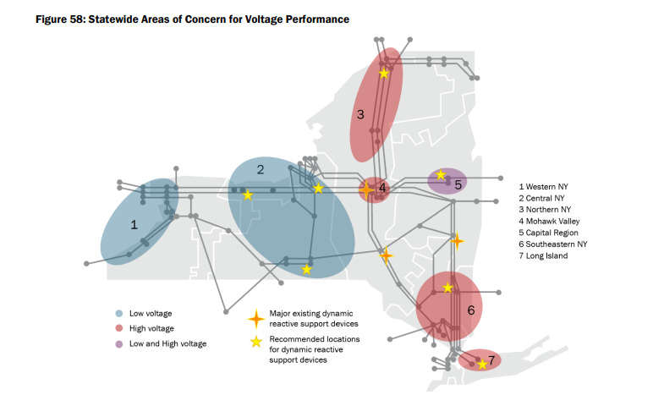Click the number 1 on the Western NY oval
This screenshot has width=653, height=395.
point(134,225)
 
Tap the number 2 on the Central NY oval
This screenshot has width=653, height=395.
point(261,170)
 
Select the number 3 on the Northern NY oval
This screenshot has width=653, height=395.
point(359,115)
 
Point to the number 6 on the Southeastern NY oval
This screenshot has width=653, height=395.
point(471,310)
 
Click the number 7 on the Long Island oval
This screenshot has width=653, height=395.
point(491,360)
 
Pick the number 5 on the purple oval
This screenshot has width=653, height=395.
point(458,184)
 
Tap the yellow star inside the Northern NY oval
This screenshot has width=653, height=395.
point(384,74)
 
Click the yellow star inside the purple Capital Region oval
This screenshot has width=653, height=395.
point(441,175)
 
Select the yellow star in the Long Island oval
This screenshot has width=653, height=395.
point(481,365)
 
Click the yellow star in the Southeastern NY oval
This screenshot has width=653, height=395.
point(448,288)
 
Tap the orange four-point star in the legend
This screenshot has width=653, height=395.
point(254,319)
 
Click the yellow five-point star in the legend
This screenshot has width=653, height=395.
point(254,343)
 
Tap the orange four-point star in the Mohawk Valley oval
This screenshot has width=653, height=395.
point(366,190)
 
